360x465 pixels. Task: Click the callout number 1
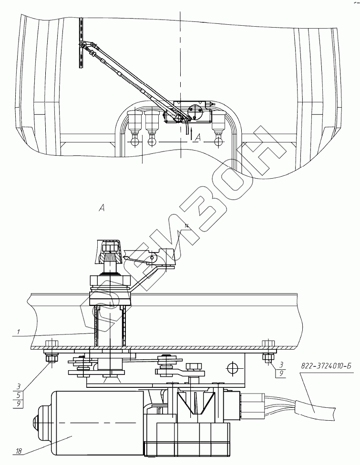click(x=19, y=332)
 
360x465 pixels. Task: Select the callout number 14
click(x=186, y=226)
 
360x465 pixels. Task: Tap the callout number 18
click(x=19, y=452)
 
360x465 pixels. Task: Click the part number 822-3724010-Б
click(x=326, y=365)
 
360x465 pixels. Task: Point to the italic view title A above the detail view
click(x=102, y=209)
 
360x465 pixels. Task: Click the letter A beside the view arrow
click(x=198, y=137)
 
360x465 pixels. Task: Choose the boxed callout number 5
click(x=19, y=394)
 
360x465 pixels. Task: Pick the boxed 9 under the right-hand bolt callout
click(x=281, y=373)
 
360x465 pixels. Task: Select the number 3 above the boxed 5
click(x=19, y=387)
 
